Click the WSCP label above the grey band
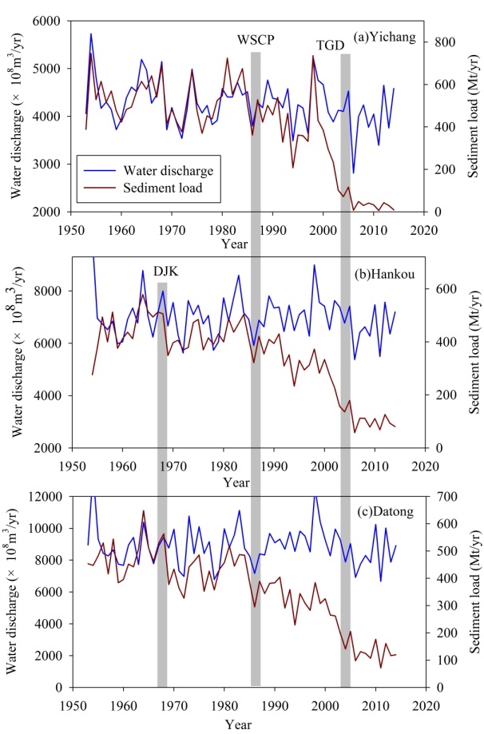click(x=256, y=39)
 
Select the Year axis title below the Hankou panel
click(x=236, y=482)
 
